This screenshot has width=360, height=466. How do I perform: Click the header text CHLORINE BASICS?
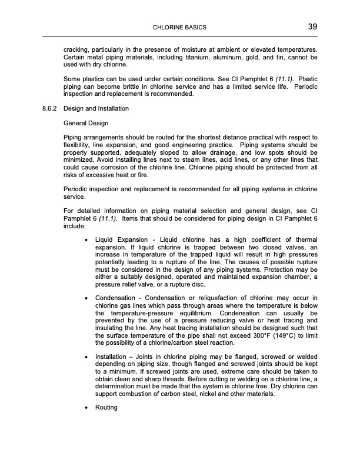(x=179, y=28)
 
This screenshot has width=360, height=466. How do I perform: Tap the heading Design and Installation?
(x=96, y=109)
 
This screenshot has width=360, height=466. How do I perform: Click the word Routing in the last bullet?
(x=106, y=407)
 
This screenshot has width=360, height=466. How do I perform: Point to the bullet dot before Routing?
(x=87, y=407)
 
